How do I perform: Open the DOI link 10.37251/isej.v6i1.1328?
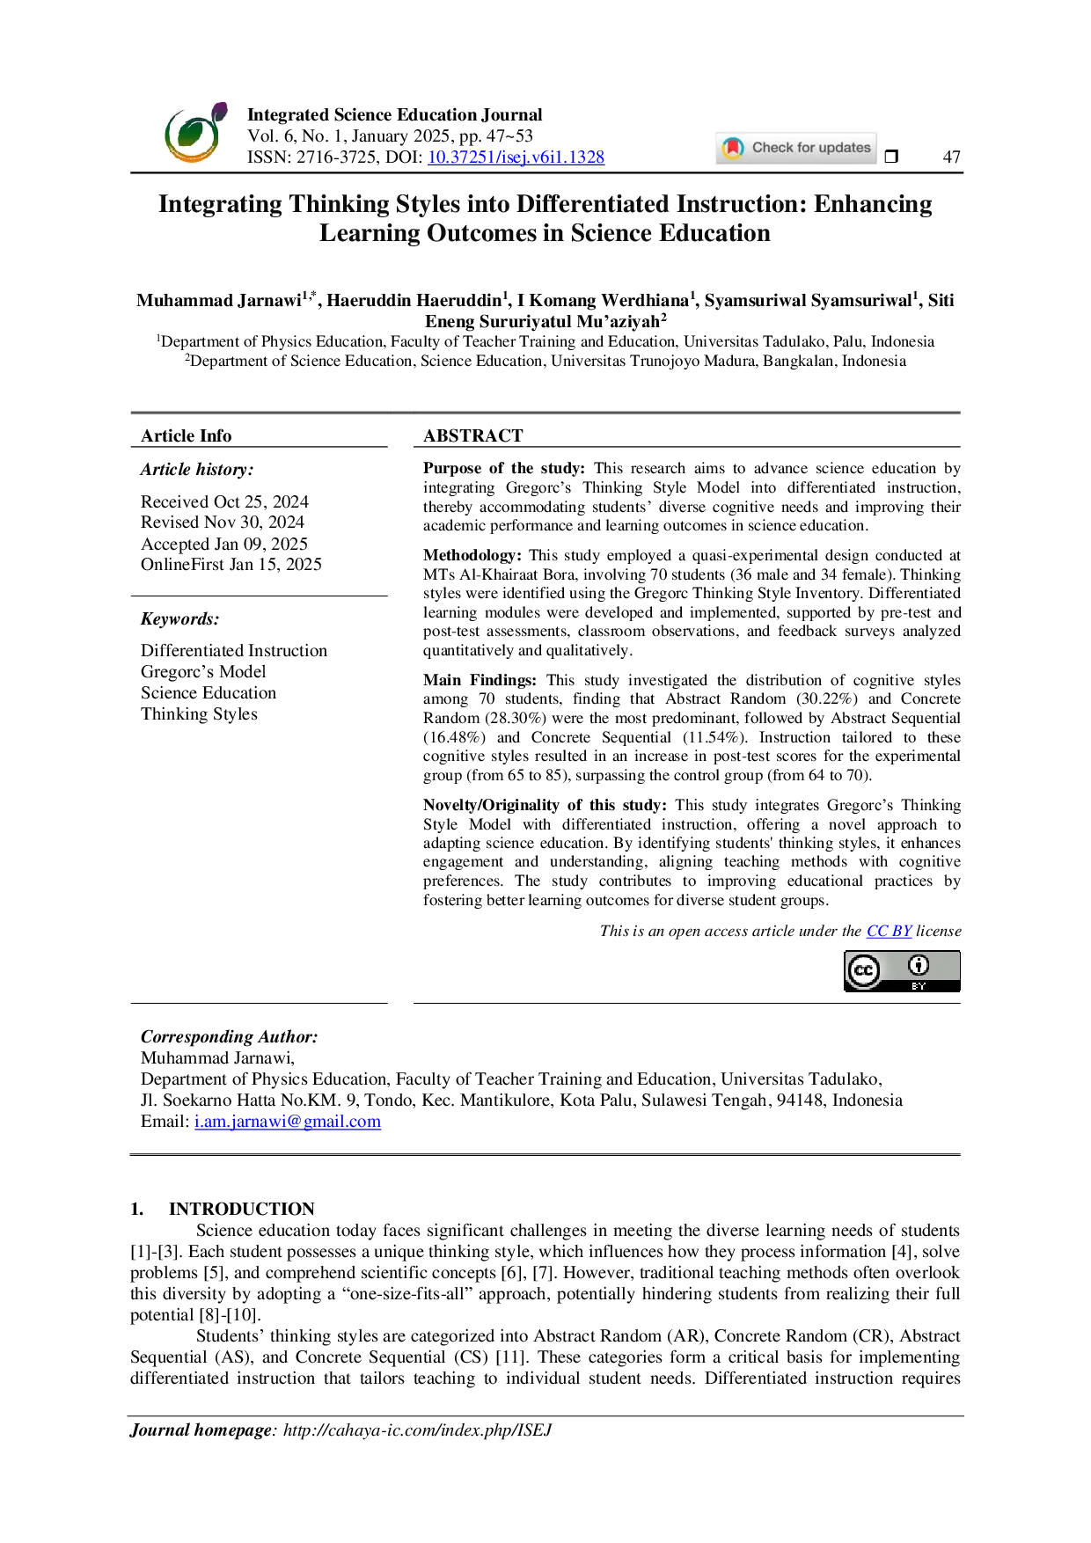click(x=516, y=157)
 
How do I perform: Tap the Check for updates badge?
click(x=796, y=148)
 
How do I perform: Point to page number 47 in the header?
click(x=951, y=157)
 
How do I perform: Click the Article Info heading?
click(x=187, y=435)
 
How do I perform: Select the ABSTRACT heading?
click(x=473, y=435)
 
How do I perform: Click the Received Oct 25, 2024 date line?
click(x=224, y=501)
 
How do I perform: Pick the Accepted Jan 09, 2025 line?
click(x=224, y=544)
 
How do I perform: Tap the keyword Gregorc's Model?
click(x=203, y=671)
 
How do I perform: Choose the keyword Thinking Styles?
click(x=199, y=713)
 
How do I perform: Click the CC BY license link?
click(x=889, y=931)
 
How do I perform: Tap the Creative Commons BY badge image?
click(x=902, y=970)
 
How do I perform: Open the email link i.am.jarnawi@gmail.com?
click(x=288, y=1122)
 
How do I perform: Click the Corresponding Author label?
click(x=230, y=1037)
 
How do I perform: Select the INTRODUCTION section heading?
click(x=242, y=1209)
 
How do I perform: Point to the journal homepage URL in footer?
click(x=417, y=1430)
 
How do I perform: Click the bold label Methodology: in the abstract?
click(x=472, y=555)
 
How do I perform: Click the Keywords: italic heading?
click(x=180, y=619)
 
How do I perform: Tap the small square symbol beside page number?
click(x=891, y=157)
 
